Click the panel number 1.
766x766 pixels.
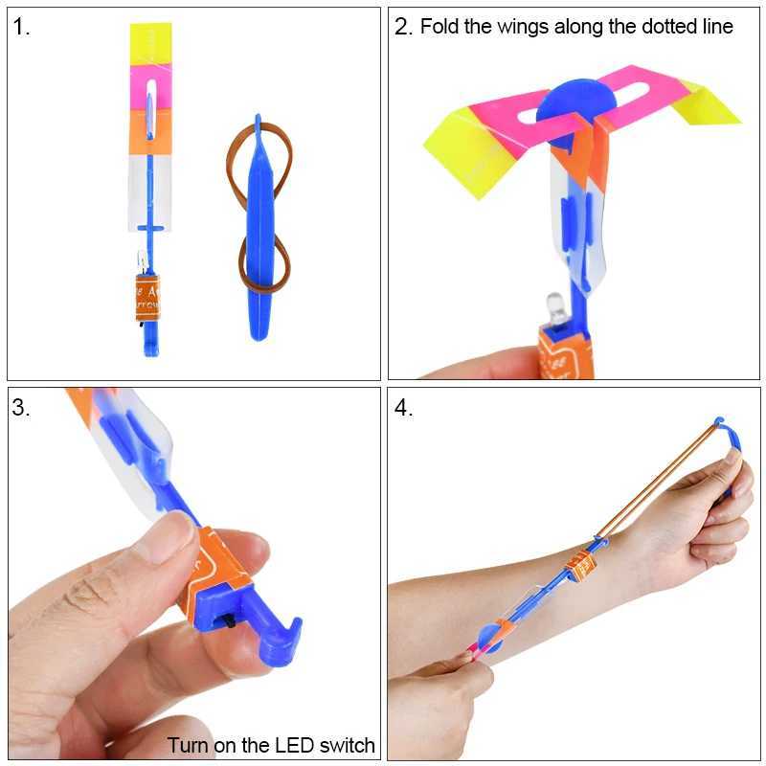(x=21, y=27)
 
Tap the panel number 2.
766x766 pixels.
(x=402, y=27)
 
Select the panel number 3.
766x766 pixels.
(x=21, y=408)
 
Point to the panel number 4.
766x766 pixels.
(x=403, y=408)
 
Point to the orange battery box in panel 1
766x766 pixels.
(x=148, y=297)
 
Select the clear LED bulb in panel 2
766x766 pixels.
(x=556, y=308)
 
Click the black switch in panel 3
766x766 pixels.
(x=234, y=623)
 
